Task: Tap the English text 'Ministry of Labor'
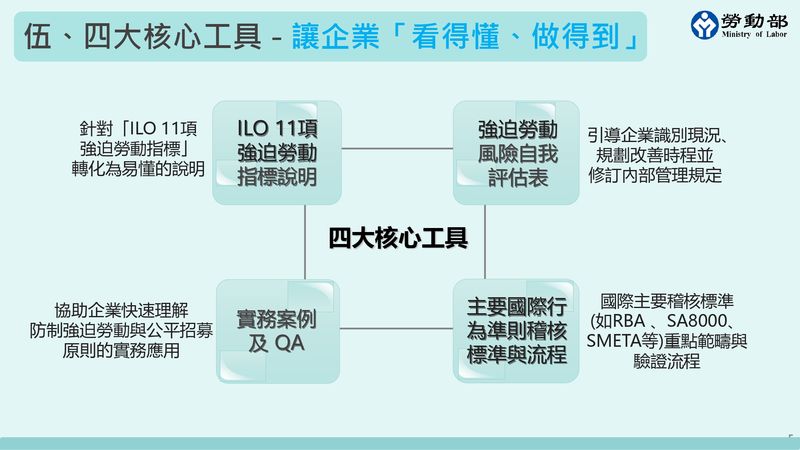point(754,34)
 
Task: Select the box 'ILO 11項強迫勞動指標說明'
point(277,153)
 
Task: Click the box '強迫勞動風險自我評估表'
point(516,153)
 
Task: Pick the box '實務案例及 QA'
point(278,331)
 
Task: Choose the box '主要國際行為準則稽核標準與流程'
point(516,331)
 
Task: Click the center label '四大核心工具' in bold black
point(398,238)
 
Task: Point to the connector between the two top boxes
point(397,148)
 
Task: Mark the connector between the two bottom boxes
point(396,328)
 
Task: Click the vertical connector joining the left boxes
point(305,242)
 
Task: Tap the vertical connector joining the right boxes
point(485,242)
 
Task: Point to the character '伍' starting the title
point(38,36)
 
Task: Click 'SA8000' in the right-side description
point(696,321)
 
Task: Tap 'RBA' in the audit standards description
point(628,321)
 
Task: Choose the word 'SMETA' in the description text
point(614,341)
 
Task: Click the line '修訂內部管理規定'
point(655,175)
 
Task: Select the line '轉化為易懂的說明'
point(138,169)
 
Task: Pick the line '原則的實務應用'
point(121,351)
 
